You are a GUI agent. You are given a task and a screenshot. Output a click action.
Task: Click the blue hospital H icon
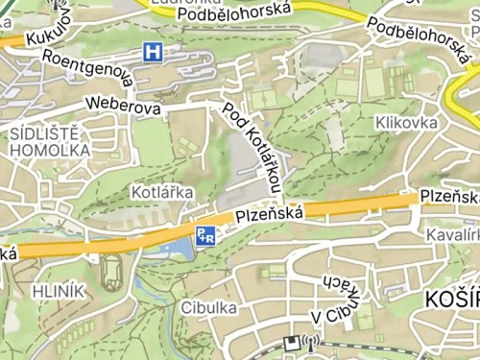click(152, 52)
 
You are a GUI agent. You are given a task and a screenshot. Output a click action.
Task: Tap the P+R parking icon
click(205, 235)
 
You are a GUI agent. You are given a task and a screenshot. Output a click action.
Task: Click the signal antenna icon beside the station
click(309, 342)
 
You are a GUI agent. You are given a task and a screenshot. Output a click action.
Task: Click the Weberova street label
click(122, 105)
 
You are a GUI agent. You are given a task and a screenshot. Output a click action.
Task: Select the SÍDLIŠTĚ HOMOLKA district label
click(49, 141)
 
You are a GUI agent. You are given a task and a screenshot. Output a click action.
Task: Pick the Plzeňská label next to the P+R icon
click(269, 214)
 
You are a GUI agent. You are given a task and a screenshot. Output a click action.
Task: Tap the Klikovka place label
click(407, 123)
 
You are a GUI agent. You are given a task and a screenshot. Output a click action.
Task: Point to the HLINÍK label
click(59, 291)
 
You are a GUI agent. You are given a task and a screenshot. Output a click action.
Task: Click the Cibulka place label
click(208, 308)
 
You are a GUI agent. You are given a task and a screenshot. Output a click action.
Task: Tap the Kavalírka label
click(452, 234)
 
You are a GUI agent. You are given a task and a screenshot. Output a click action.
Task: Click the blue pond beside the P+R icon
click(173, 250)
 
